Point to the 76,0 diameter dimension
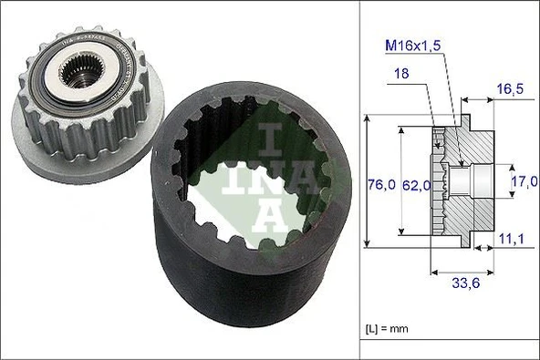pos(379,184)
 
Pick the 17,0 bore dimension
pos(524,182)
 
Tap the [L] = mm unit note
pos(387,326)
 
